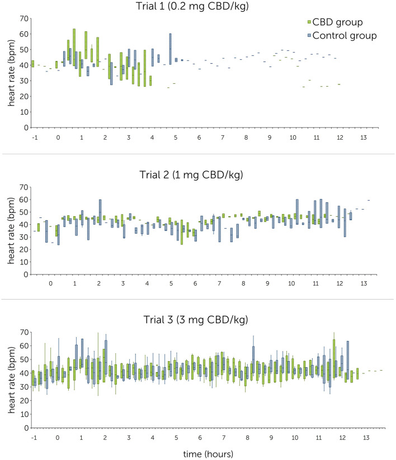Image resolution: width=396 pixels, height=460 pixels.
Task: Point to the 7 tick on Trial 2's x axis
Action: click(x=219, y=284)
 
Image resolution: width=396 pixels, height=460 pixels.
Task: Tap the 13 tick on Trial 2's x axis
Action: click(x=364, y=284)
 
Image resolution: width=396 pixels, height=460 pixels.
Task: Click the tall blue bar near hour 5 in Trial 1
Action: click(x=170, y=49)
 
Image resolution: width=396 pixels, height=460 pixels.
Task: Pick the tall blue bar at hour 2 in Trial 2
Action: click(x=100, y=212)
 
